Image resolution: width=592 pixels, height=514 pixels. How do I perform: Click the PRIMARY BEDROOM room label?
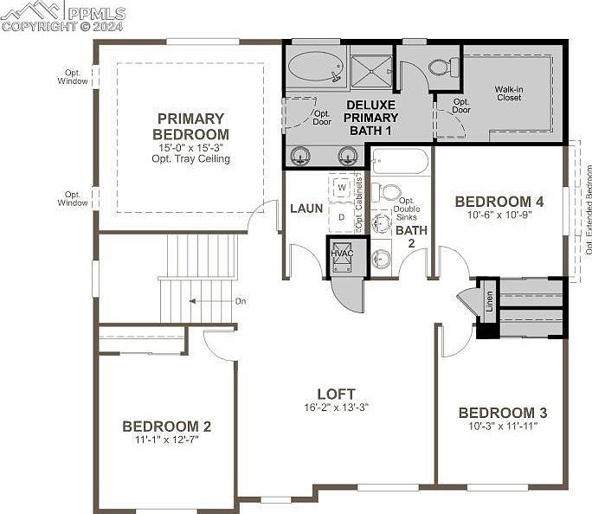190,126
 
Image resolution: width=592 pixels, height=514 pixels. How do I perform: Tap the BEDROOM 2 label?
167,426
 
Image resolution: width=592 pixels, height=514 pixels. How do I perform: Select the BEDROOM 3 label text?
503,413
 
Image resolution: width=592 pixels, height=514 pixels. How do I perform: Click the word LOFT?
336,394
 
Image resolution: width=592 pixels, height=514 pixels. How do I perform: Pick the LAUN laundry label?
306,209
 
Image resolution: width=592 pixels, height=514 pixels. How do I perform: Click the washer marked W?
342,187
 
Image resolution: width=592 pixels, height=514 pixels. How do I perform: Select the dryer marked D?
342,217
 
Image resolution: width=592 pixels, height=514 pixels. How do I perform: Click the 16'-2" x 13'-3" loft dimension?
336,408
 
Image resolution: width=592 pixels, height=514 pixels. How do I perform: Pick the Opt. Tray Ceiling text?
190,158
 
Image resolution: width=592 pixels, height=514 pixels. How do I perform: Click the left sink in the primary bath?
301,156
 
